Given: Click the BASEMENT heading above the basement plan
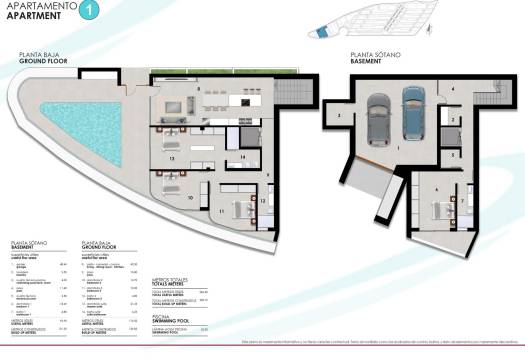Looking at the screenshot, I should tap(367, 62).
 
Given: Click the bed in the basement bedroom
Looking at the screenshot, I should tap(439, 209).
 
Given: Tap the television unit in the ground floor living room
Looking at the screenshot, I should tap(173, 104).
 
